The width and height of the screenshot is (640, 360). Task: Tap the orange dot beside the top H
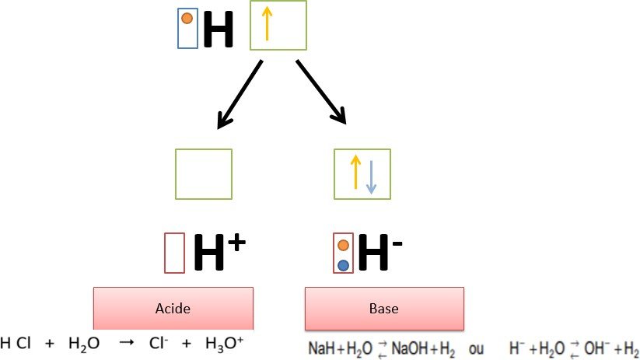click(x=187, y=19)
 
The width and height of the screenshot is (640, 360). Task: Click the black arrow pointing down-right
click(x=320, y=92)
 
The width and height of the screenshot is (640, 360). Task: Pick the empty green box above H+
click(x=203, y=173)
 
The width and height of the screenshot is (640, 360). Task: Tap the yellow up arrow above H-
click(x=355, y=173)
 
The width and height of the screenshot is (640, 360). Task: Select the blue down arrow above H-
click(x=371, y=177)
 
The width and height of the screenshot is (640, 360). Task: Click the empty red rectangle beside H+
click(x=175, y=253)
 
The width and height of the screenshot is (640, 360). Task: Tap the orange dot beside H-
click(x=343, y=246)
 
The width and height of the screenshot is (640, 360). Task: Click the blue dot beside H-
click(x=343, y=264)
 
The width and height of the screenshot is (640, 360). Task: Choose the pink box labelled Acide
click(x=173, y=309)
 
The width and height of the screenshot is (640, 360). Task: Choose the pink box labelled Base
click(x=384, y=309)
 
